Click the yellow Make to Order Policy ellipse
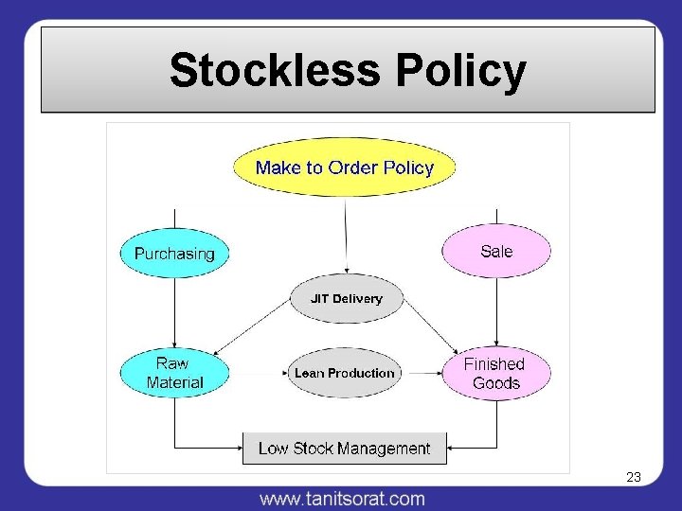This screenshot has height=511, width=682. click(345, 168)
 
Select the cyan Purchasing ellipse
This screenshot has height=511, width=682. click(174, 254)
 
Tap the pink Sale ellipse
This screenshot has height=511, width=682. click(496, 251)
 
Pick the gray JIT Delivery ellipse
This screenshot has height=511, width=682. click(346, 299)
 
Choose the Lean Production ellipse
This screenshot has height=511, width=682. click(344, 373)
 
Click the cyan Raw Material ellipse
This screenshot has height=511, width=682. click(174, 373)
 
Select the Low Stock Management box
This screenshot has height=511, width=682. click(344, 449)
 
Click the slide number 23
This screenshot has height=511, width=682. click(634, 478)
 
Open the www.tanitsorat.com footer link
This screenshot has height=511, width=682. click(342, 498)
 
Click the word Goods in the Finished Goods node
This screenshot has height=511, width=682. click(496, 383)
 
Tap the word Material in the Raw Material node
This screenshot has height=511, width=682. click(174, 383)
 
